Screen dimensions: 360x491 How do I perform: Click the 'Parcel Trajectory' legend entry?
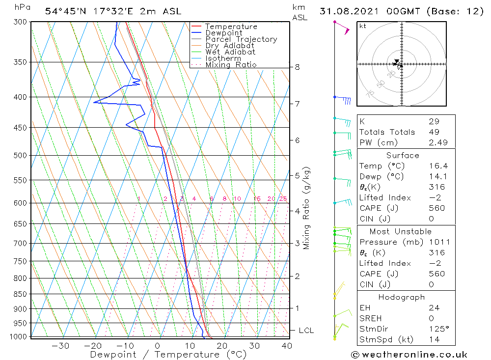241,39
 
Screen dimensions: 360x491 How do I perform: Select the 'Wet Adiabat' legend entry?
230,52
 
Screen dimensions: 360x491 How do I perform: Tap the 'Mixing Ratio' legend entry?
231,65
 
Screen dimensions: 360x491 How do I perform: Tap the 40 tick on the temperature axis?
287,346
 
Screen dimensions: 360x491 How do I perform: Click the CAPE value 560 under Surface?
436,208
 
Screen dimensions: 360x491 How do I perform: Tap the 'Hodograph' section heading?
402,297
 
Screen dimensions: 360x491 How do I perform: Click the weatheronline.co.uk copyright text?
409,355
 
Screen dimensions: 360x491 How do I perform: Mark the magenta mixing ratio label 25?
283,199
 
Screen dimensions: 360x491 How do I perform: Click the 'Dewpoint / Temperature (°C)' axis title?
168,355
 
